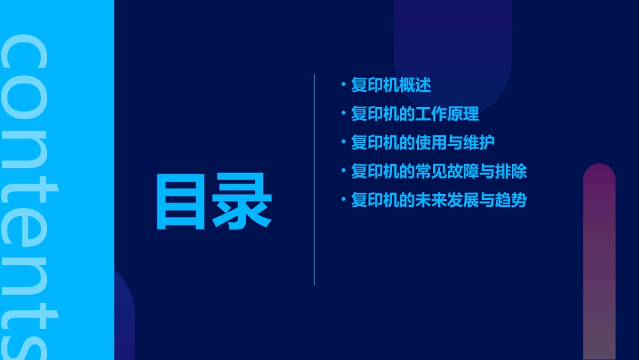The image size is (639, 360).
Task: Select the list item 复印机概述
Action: (x=391, y=85)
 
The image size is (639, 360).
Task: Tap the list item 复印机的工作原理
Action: (x=415, y=114)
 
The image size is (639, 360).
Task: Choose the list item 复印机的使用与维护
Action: (x=423, y=143)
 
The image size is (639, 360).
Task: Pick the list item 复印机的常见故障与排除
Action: (x=439, y=172)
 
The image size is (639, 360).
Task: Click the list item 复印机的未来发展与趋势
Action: (x=439, y=201)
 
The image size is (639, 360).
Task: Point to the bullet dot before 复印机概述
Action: (x=343, y=85)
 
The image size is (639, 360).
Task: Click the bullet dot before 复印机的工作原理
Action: (x=343, y=114)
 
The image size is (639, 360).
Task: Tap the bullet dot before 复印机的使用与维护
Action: (x=343, y=143)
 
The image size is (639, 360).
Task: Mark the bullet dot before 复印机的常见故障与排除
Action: (x=343, y=172)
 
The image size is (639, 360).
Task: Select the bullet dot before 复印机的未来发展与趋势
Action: (x=343, y=201)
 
